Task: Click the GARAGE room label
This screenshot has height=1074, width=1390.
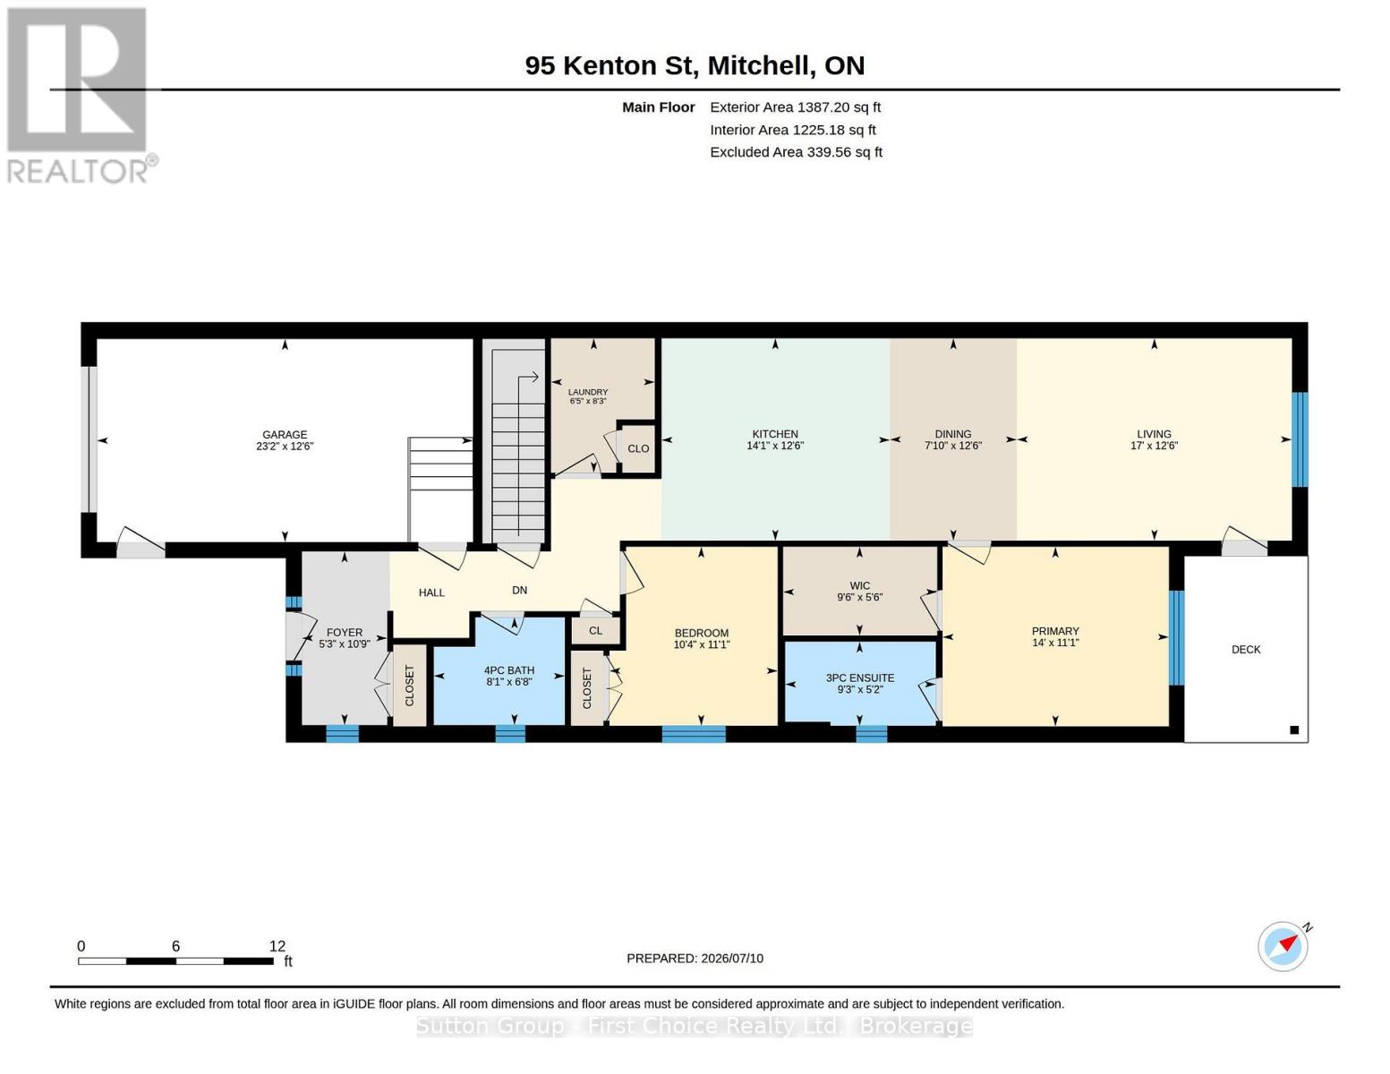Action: point(285,434)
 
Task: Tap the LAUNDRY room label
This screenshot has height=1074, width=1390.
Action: point(588,392)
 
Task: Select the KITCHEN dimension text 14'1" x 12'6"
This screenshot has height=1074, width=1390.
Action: point(774,446)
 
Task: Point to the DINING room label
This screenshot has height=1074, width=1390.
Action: point(952,434)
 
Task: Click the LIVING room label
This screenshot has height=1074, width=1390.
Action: point(1154,434)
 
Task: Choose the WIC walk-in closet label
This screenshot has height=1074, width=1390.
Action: point(859,585)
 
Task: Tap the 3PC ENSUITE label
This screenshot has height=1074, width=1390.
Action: point(859,678)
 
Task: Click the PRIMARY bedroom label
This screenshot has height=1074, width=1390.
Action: point(1055,631)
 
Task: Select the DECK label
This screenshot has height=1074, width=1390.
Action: point(1245,649)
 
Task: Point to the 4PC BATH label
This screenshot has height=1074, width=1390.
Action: point(508,670)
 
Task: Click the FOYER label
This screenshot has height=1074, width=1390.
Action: point(344,632)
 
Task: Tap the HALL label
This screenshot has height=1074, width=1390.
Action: point(431,592)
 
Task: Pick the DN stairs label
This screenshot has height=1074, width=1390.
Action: point(519,590)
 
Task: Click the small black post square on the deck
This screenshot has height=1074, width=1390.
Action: point(1294,729)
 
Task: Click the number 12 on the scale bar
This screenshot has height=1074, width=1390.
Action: point(277,946)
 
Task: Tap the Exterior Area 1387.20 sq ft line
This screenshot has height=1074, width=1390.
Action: point(795,107)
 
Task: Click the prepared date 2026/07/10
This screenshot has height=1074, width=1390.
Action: point(732,959)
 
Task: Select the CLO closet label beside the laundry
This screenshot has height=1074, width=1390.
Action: point(638,448)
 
